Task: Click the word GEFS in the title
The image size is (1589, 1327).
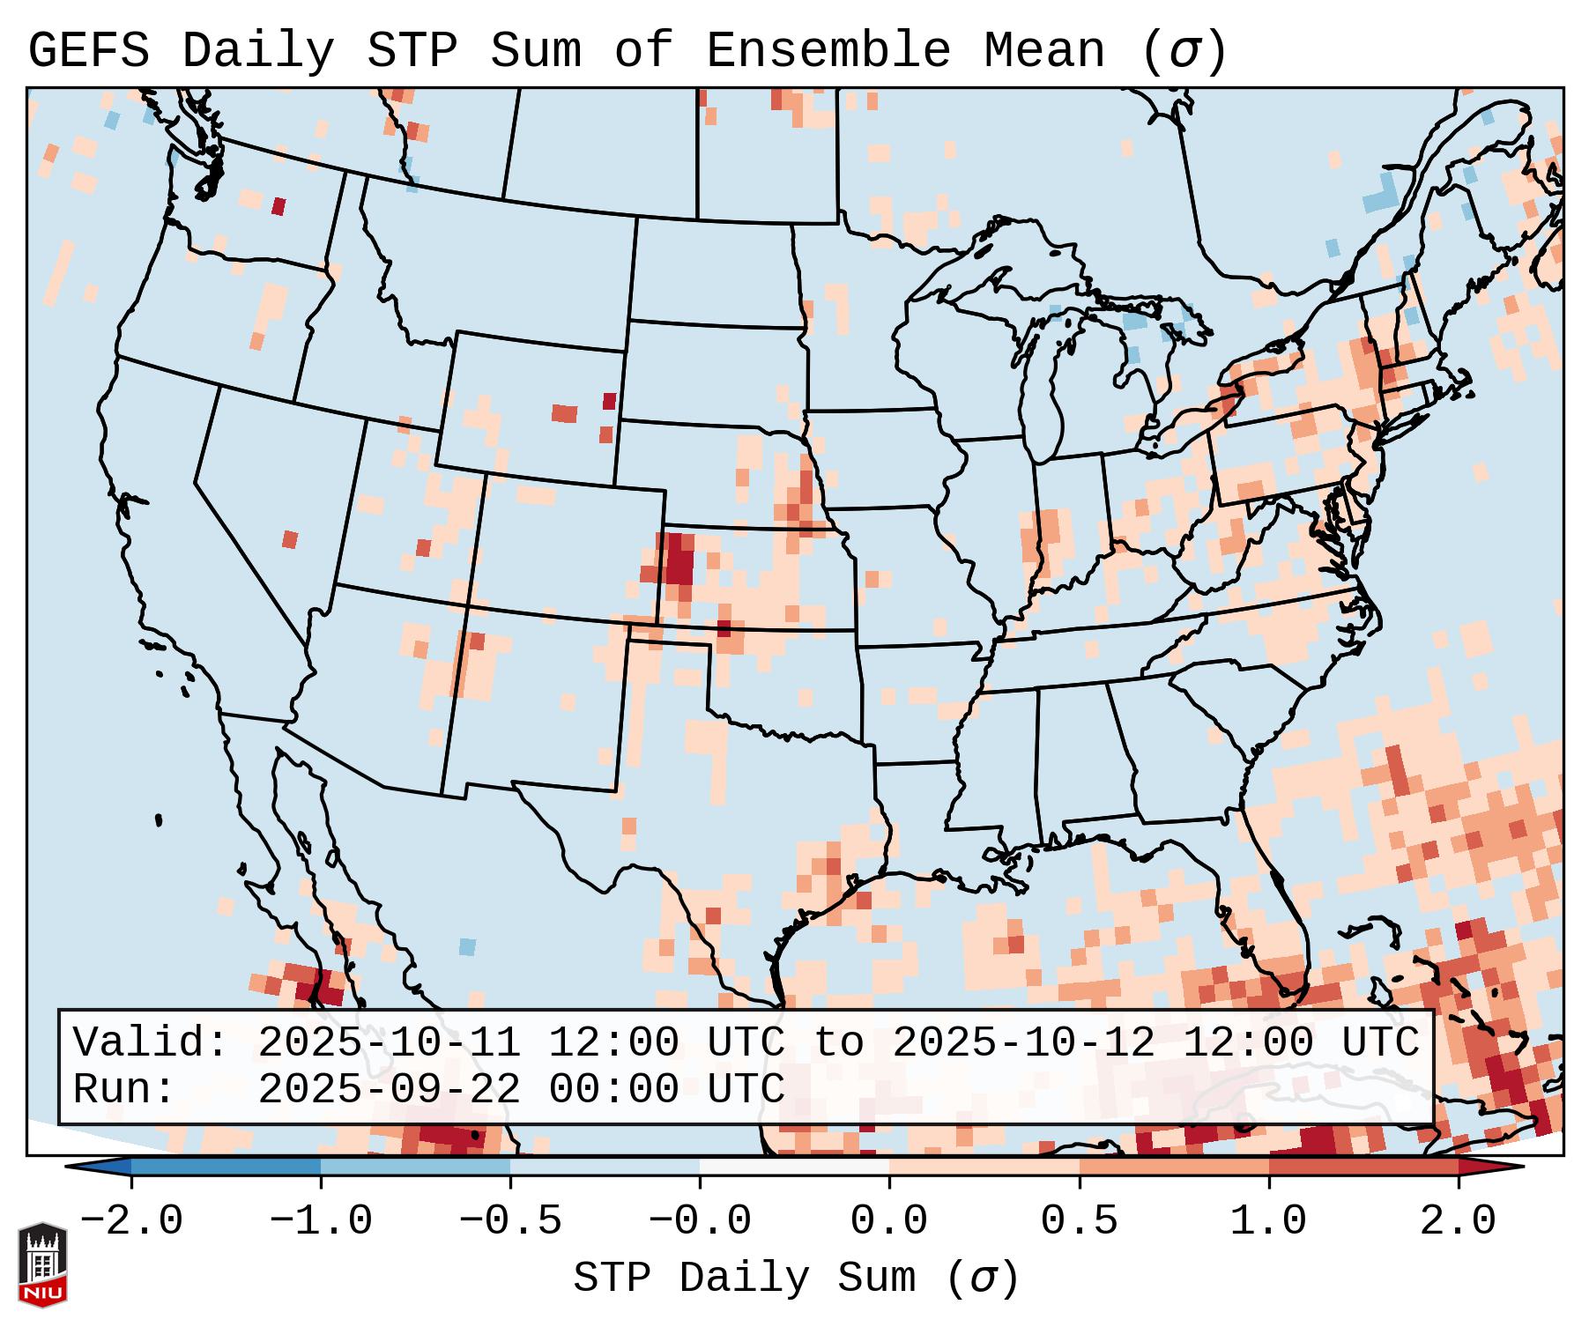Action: (88, 50)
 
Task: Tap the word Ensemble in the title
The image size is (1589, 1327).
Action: (828, 50)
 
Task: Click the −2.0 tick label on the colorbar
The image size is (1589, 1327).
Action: (131, 1221)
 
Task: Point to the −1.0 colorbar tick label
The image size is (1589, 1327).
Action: (321, 1221)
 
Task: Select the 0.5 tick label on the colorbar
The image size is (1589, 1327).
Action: (1079, 1221)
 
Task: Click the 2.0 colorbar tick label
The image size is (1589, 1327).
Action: (1458, 1221)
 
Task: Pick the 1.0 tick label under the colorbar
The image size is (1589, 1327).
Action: (1268, 1221)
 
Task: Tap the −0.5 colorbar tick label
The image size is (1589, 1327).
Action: (510, 1221)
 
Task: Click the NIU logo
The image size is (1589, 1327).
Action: (42, 1264)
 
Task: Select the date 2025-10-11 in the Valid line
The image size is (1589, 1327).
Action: (389, 1043)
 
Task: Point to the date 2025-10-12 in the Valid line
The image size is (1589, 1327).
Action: (1023, 1043)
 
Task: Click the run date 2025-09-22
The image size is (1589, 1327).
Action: (389, 1090)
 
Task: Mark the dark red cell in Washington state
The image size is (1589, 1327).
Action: (278, 206)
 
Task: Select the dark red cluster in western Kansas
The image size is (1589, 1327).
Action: (679, 560)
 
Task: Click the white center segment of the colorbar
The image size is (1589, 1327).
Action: (794, 1167)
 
